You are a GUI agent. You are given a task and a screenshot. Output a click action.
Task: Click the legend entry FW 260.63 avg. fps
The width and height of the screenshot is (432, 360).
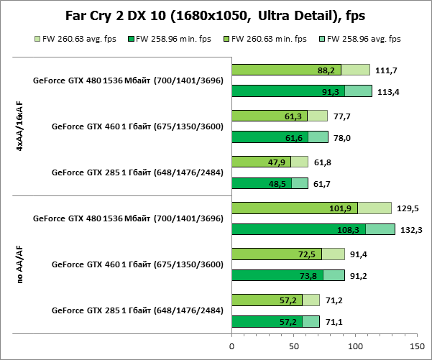tap(74, 39)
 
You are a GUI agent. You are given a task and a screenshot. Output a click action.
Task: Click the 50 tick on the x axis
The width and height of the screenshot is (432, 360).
tap(293, 346)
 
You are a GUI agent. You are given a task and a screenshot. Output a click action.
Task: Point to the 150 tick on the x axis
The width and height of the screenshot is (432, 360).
tap(417, 346)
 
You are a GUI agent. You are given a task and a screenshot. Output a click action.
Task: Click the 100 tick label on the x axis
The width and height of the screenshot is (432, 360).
tap(355, 346)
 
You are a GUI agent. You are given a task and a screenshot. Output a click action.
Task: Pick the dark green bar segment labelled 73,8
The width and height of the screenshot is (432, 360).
tap(277, 276)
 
